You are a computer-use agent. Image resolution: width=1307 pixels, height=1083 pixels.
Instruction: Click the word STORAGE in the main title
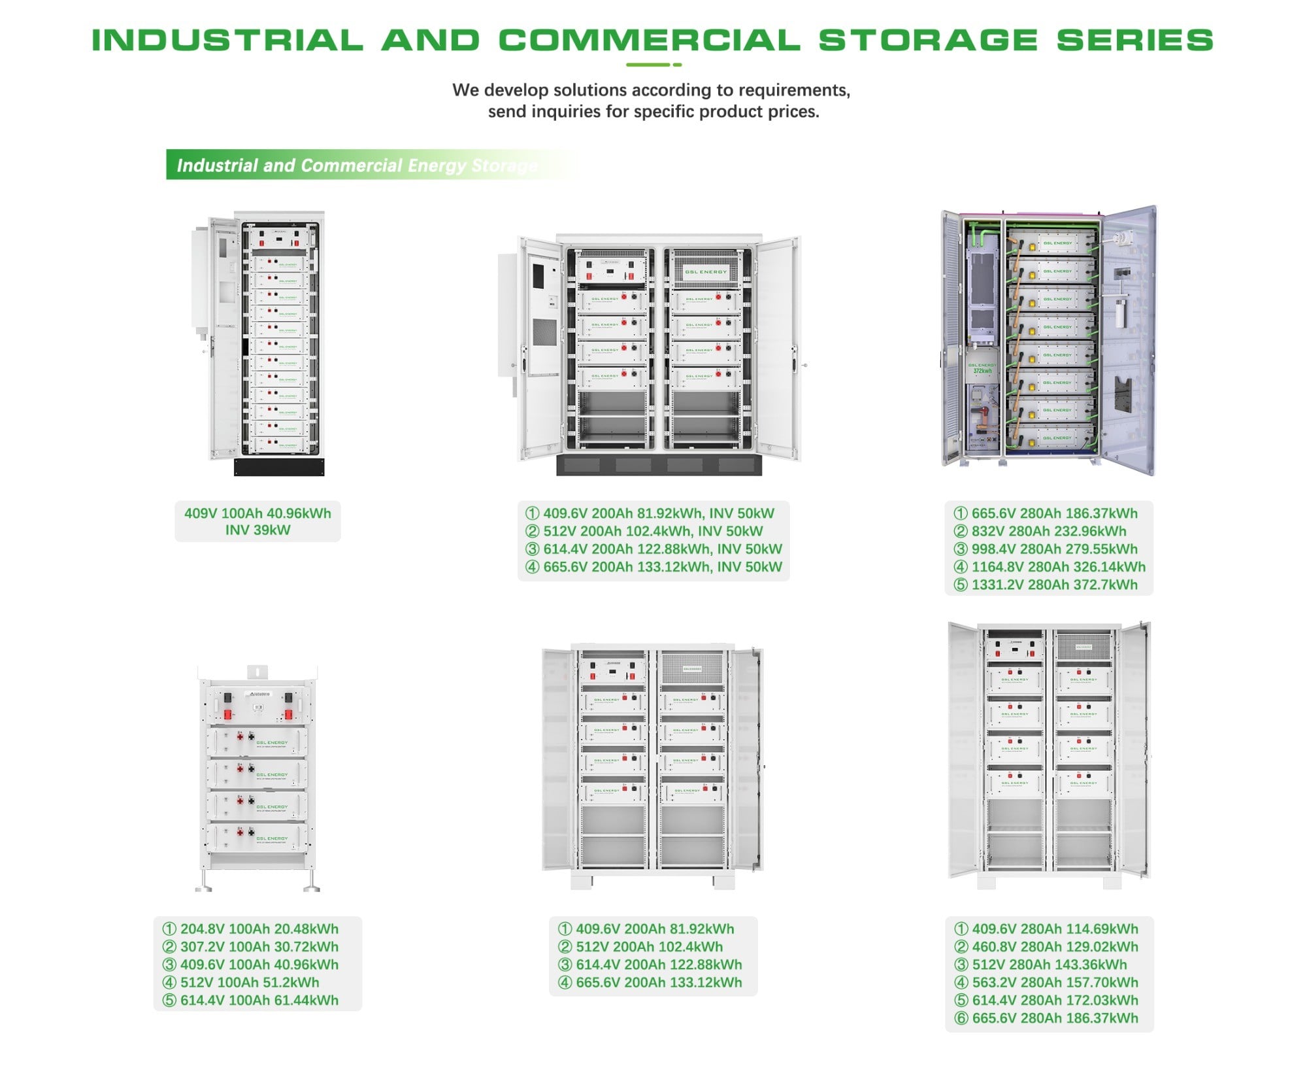[x=928, y=40]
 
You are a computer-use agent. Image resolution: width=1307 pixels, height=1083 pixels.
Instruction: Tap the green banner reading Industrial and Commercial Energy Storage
[x=356, y=165]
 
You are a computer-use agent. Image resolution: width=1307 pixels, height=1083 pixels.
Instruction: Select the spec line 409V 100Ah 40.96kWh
[x=257, y=513]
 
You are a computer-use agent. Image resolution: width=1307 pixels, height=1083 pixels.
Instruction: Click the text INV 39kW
[x=257, y=530]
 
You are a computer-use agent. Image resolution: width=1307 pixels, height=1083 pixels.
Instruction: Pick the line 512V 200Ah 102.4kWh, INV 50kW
[x=653, y=532]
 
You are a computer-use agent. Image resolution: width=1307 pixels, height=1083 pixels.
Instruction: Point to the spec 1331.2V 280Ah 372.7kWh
[x=1054, y=585]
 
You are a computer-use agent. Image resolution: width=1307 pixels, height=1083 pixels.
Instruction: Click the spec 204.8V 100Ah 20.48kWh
[x=259, y=929]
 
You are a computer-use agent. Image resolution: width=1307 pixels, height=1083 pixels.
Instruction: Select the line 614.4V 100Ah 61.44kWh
[x=259, y=1001]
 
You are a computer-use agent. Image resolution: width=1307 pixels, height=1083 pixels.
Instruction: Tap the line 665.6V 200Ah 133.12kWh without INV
[x=659, y=983]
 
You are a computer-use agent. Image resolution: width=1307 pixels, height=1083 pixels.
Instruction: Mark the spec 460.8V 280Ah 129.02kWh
[x=1055, y=947]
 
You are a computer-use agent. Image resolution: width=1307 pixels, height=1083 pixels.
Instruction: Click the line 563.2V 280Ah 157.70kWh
[x=1055, y=983]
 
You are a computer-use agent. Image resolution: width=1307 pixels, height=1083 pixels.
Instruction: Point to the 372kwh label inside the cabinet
[x=982, y=371]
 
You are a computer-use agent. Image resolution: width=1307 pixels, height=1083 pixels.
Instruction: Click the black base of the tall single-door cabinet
[x=279, y=467]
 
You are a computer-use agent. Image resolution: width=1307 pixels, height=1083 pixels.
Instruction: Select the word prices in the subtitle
[x=793, y=112]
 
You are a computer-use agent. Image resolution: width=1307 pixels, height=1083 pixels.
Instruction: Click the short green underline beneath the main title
[x=653, y=65]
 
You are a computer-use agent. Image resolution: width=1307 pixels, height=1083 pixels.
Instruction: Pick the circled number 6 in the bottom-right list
[x=961, y=1019]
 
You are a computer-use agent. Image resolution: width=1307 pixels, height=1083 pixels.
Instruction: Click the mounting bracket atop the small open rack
[x=257, y=672]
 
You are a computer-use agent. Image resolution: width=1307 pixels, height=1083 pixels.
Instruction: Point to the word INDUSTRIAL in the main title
[x=227, y=40]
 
